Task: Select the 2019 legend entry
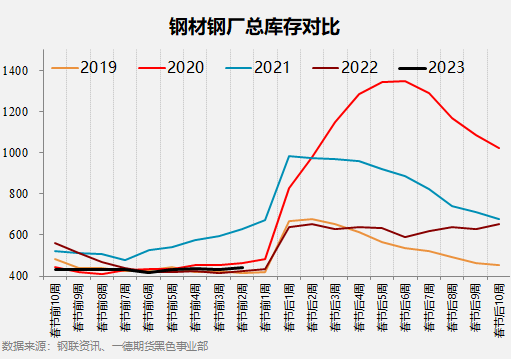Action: coord(98,68)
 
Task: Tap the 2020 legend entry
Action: coord(186,68)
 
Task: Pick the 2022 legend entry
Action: coord(360,68)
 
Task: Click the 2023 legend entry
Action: coord(446,68)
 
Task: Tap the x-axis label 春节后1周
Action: coord(289,306)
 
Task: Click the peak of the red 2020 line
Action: coord(404,81)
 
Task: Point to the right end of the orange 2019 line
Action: coord(498,265)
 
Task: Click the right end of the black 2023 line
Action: coord(242,267)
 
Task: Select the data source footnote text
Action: coord(106,346)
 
